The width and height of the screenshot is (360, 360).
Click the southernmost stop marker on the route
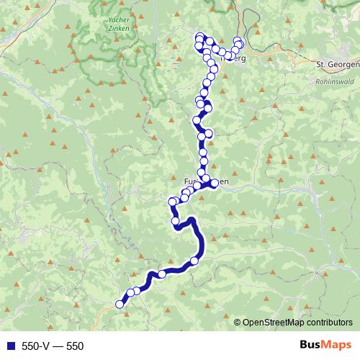(120, 304)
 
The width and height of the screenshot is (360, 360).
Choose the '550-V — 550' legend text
(53, 346)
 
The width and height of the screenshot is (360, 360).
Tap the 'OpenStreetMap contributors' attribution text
(297, 323)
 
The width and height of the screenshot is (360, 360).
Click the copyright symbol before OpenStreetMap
(238, 323)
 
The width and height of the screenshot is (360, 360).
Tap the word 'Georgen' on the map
(343, 64)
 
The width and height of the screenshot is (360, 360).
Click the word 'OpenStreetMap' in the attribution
(274, 323)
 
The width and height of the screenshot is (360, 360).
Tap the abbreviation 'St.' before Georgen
(321, 64)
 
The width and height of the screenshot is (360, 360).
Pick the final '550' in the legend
(75, 346)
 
